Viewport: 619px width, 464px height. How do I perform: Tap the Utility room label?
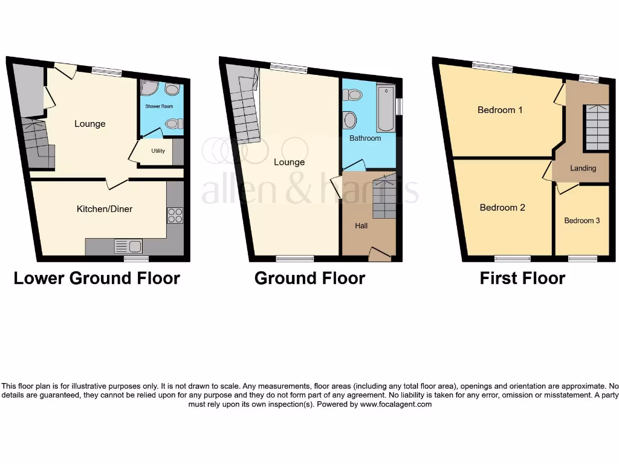[158, 151]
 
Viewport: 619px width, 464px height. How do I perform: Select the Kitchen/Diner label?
[104, 209]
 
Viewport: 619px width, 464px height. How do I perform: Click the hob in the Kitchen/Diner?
[175, 216]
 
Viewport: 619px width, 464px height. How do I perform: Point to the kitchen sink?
[128, 246]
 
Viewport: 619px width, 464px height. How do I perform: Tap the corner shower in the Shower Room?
[148, 89]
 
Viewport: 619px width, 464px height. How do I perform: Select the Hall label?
[361, 226]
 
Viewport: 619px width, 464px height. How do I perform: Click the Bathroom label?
[365, 138]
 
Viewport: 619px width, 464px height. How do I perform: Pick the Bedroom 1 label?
[500, 110]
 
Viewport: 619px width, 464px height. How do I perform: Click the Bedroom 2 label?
[502, 208]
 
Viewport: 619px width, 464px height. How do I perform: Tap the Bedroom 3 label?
[582, 221]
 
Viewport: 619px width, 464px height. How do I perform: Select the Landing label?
[583, 169]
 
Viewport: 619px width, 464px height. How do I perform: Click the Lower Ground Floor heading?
[97, 278]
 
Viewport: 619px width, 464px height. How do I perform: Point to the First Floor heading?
[522, 278]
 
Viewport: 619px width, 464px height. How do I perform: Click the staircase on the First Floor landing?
[596, 127]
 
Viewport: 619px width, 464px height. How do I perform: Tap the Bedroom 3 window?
[583, 259]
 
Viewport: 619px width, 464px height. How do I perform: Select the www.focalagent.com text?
[395, 404]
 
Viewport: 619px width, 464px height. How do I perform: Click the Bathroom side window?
[399, 106]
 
